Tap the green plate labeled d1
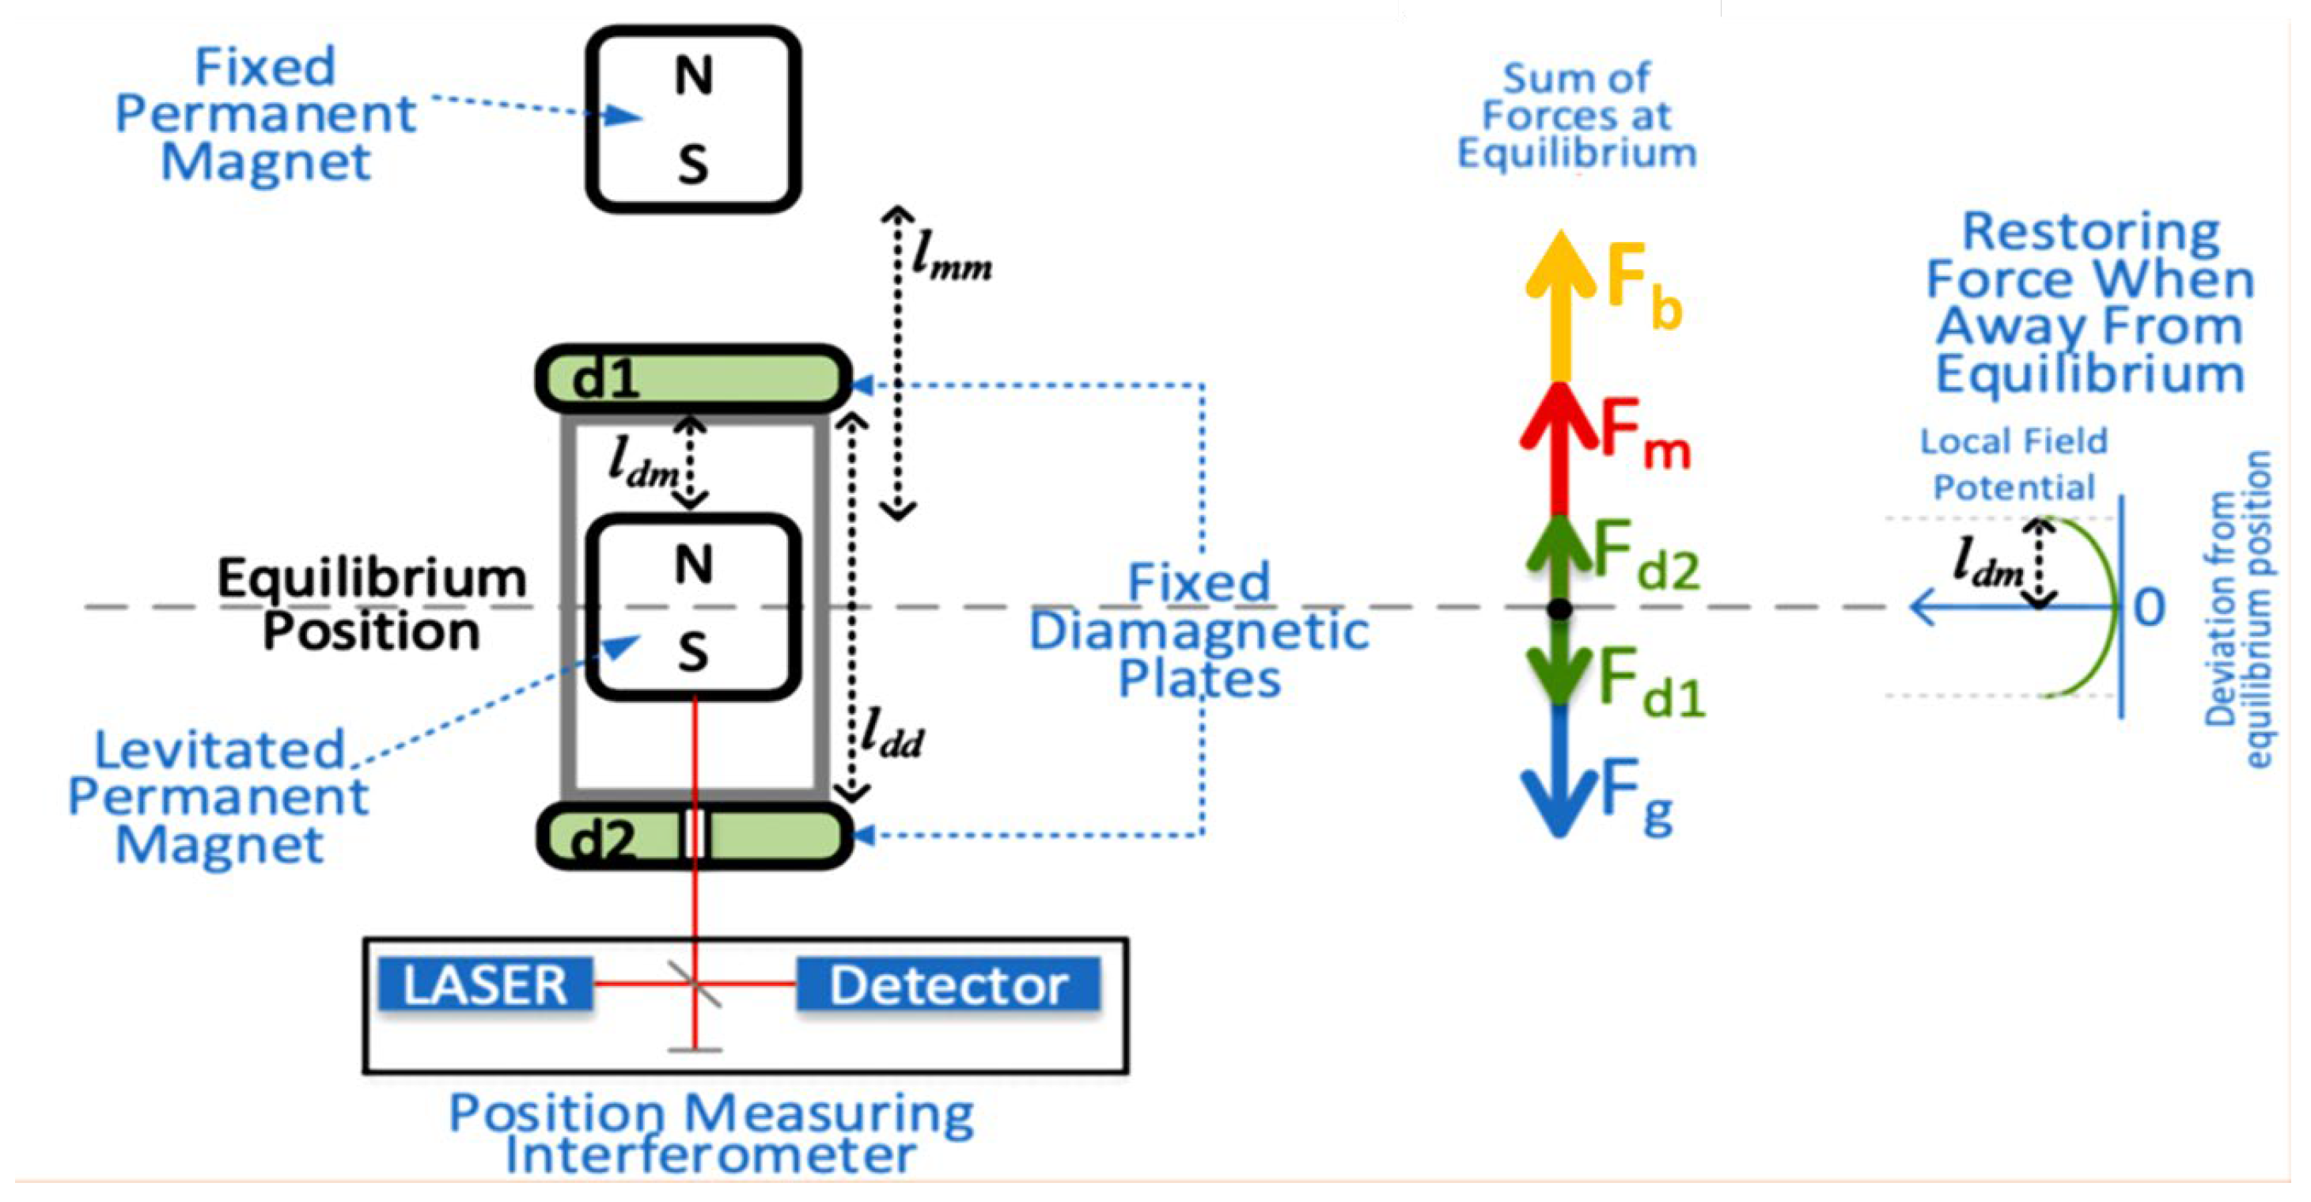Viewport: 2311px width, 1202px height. (692, 377)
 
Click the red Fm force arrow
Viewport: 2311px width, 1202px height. (1559, 449)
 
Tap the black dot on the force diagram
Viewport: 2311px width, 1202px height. (1560, 609)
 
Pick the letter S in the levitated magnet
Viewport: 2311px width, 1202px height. (692, 652)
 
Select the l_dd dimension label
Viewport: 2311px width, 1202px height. (890, 736)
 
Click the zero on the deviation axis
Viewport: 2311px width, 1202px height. (2150, 607)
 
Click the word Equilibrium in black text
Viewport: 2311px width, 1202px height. (371, 578)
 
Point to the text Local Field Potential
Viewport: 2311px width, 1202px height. (2014, 464)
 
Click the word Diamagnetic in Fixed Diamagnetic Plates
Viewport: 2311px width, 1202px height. (1198, 631)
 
